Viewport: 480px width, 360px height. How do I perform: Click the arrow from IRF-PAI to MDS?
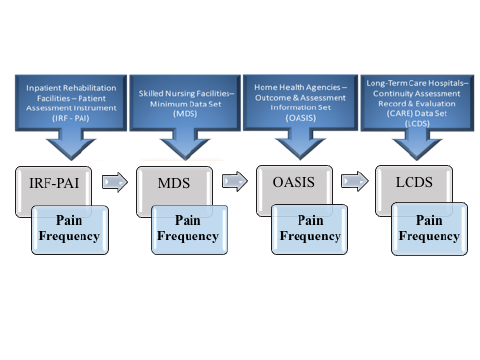click(x=112, y=182)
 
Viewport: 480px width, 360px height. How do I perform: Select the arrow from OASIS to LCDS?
click(x=351, y=182)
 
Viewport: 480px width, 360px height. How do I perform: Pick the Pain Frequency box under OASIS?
click(x=309, y=229)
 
